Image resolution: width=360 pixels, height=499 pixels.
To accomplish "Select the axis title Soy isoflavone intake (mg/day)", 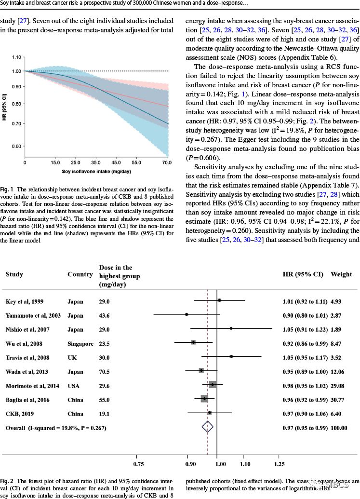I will coord(96,171).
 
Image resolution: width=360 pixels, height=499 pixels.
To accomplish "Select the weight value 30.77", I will coord(338,399).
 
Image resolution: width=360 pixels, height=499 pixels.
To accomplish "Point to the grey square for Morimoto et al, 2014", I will coord(213,384).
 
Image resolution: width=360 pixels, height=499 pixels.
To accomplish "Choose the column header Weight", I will coord(341,274).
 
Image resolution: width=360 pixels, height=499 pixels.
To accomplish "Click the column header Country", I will coord(80,274).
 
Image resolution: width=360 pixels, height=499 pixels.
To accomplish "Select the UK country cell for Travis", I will coord(72,357).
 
